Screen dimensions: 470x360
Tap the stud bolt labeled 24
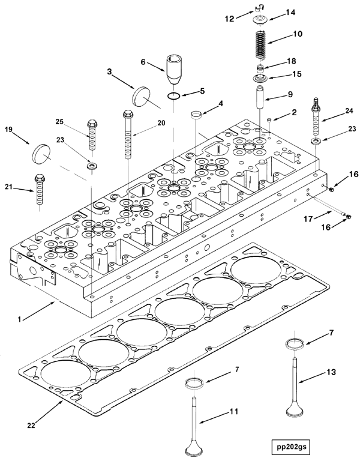pyautogui.click(x=315, y=119)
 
